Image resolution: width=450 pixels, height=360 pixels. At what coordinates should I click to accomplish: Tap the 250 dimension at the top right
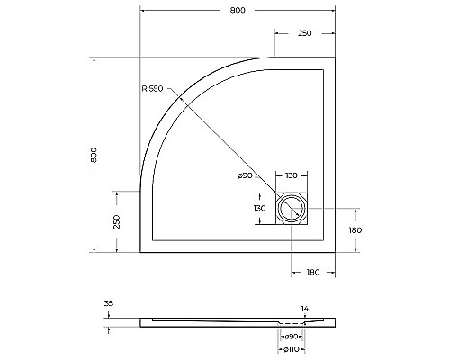[305, 33]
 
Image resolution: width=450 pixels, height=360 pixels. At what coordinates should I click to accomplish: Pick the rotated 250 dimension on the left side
[117, 221]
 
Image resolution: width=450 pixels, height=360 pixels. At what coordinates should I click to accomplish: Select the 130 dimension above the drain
[292, 175]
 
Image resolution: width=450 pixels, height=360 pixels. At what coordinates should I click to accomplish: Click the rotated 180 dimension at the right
[356, 231]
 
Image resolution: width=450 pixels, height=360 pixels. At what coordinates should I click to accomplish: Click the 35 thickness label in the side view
[109, 304]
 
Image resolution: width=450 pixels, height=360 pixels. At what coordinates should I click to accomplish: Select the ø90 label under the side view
[292, 336]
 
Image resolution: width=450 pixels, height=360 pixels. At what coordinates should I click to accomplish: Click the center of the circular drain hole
[292, 210]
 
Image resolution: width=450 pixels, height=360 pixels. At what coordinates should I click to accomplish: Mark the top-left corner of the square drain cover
[276, 193]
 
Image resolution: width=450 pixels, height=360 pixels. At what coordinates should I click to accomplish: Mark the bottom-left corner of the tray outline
[140, 253]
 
